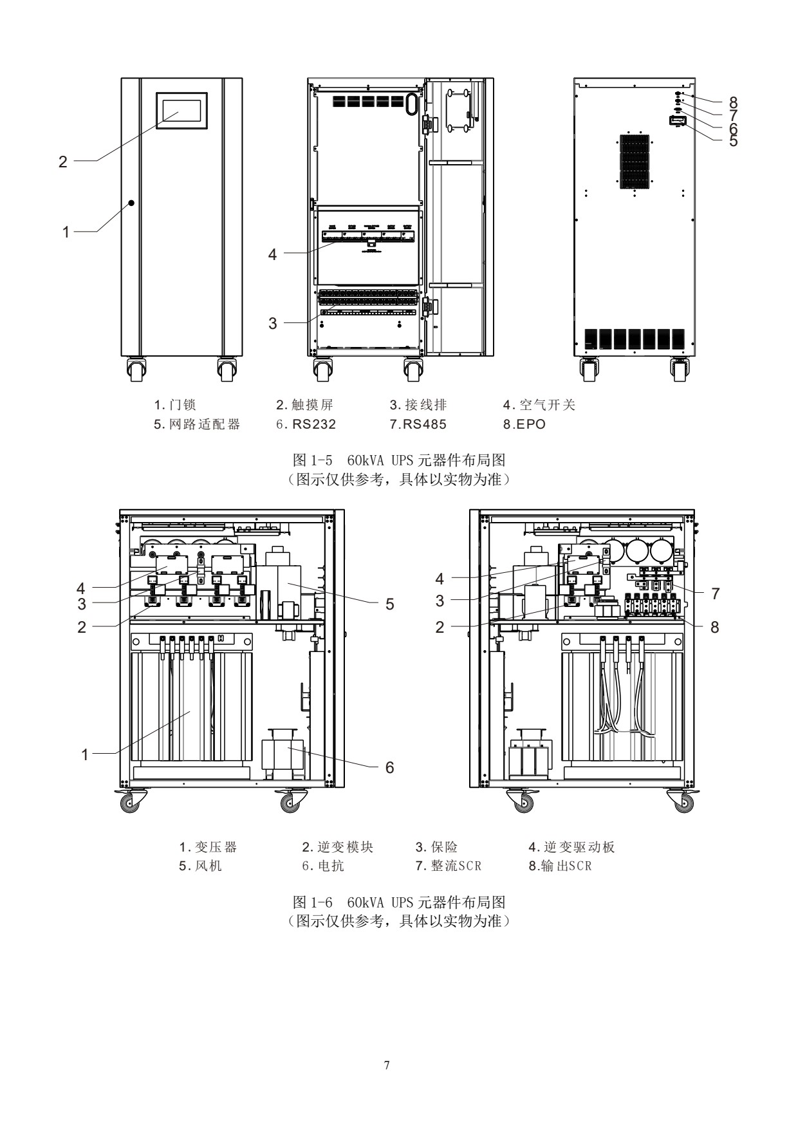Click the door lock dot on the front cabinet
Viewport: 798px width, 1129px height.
(131, 203)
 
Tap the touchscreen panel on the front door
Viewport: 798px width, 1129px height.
(181, 110)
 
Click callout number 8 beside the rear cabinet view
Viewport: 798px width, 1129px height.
(733, 101)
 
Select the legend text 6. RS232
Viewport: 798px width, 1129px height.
(306, 424)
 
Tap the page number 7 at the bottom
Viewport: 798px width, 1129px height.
(387, 1066)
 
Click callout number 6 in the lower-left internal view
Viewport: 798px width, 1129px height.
(389, 767)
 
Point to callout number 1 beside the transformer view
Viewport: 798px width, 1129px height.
(84, 754)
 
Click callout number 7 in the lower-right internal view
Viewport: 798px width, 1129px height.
(716, 594)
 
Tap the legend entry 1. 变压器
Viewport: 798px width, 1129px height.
(208, 847)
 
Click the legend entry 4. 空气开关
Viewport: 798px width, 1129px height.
(539, 405)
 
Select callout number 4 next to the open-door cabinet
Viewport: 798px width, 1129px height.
(272, 255)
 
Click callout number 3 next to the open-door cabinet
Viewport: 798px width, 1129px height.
(272, 323)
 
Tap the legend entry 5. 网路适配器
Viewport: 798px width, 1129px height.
(196, 424)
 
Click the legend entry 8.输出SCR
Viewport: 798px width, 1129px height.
(559, 866)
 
